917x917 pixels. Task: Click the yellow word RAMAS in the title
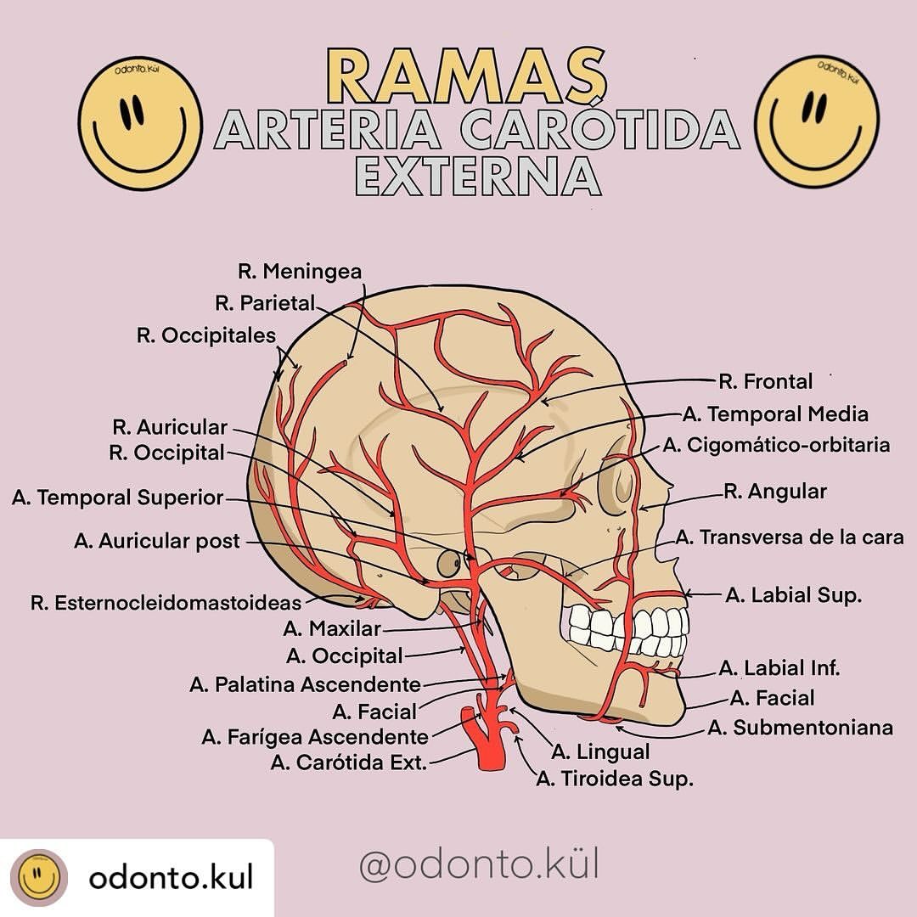click(466, 76)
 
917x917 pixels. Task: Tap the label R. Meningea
click(300, 272)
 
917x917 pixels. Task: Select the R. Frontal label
click(766, 381)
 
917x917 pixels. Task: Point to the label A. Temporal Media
click(775, 414)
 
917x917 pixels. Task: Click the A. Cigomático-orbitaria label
click(777, 445)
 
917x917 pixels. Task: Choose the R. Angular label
click(775, 492)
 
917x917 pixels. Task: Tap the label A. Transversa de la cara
click(790, 537)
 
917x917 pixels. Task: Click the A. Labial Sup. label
click(794, 595)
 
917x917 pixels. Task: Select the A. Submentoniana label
click(801, 728)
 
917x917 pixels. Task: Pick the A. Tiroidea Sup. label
click(615, 779)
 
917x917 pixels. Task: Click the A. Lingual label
click(600, 752)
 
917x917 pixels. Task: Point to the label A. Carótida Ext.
click(349, 762)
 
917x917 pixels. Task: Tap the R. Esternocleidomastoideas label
click(166, 603)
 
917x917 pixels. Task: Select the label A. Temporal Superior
click(117, 498)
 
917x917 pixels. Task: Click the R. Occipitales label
click(205, 335)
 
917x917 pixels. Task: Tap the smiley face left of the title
click(140, 123)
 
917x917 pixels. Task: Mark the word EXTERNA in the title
click(478, 177)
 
